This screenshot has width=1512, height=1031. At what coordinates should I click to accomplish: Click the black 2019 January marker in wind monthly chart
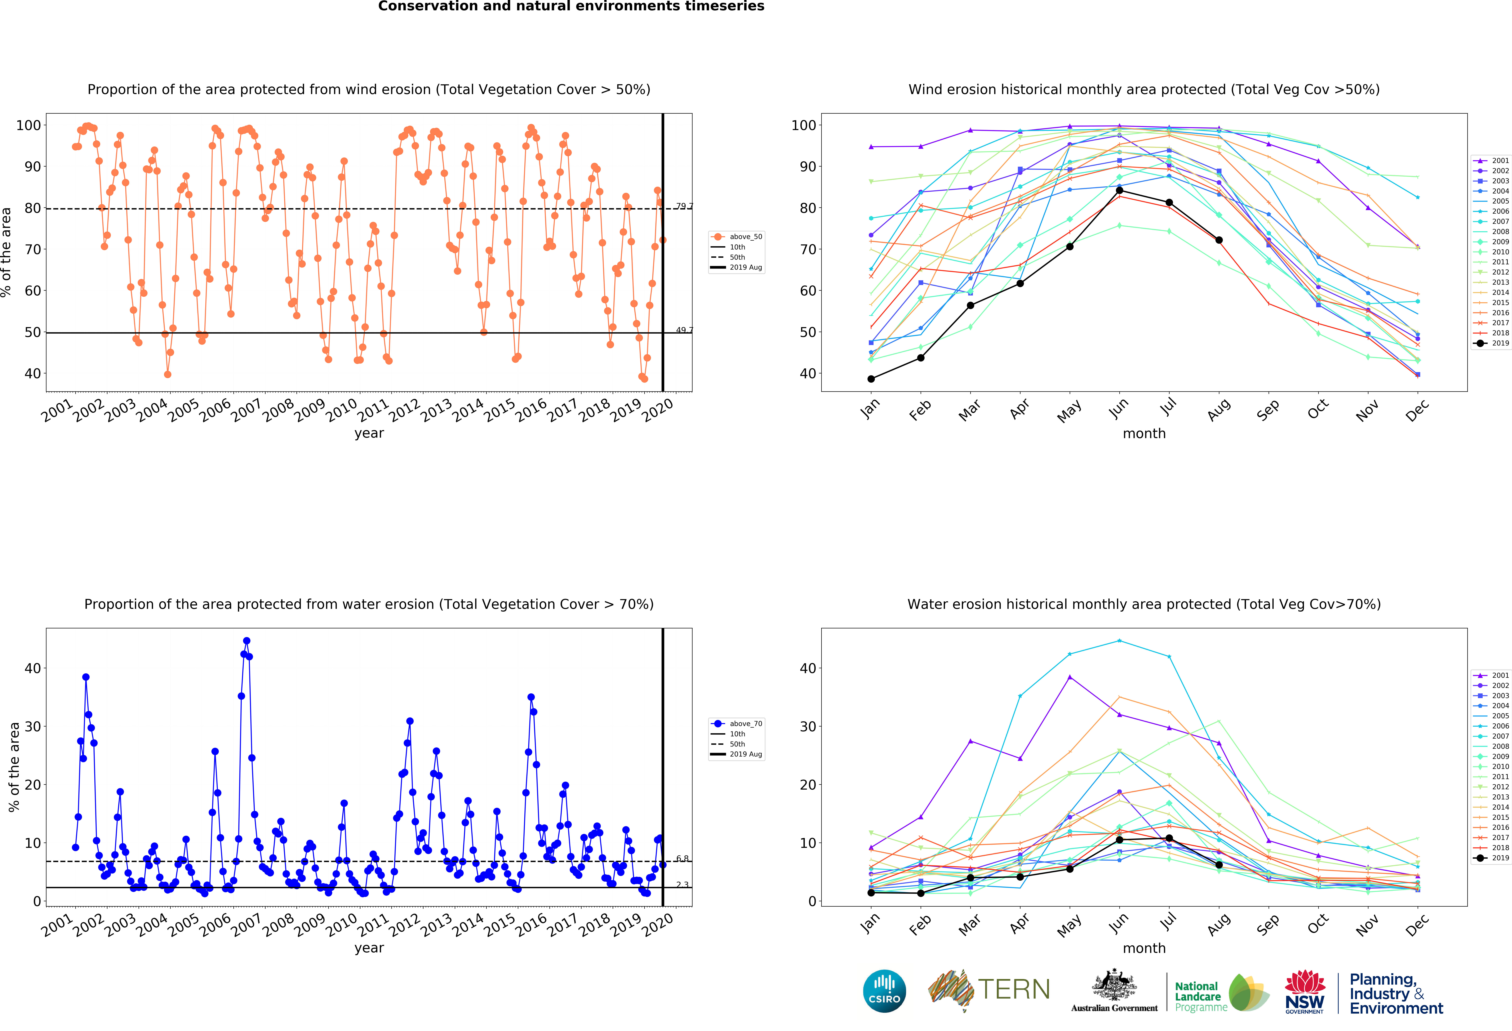[871, 379]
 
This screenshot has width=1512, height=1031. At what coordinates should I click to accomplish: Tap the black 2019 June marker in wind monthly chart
[1119, 190]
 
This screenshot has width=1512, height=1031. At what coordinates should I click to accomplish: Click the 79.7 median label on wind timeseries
[683, 206]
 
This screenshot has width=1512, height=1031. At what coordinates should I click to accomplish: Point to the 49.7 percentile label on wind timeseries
[683, 330]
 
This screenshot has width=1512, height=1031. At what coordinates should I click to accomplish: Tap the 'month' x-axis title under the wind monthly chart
[1144, 433]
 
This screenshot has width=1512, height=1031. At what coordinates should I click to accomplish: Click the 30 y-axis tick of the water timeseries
[33, 726]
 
